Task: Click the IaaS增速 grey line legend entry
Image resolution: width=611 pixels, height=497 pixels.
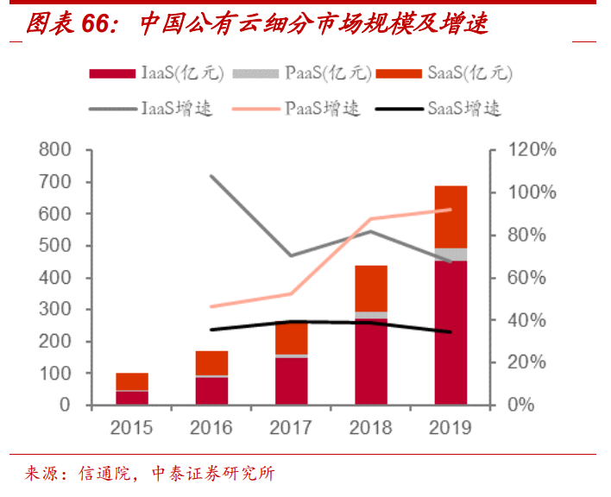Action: (x=152, y=109)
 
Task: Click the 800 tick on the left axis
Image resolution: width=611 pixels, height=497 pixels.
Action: (x=54, y=150)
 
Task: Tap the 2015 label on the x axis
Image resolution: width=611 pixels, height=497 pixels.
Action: (x=131, y=427)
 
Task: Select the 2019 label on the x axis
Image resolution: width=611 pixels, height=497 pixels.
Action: (x=450, y=427)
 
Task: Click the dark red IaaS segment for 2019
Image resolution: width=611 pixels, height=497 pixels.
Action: (x=450, y=332)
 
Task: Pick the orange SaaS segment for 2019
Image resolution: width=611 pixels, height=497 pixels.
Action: (x=450, y=217)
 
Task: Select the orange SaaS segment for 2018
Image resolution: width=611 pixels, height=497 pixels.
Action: (x=370, y=288)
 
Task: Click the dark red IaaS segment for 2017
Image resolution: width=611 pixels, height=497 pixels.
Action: (x=291, y=381)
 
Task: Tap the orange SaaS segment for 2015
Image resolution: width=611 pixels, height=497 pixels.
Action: (x=132, y=381)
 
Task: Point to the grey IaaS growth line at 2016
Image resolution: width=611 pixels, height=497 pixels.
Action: (x=211, y=175)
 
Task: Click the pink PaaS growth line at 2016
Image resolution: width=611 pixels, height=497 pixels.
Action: (x=211, y=306)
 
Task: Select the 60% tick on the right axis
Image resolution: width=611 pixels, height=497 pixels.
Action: (x=527, y=278)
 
